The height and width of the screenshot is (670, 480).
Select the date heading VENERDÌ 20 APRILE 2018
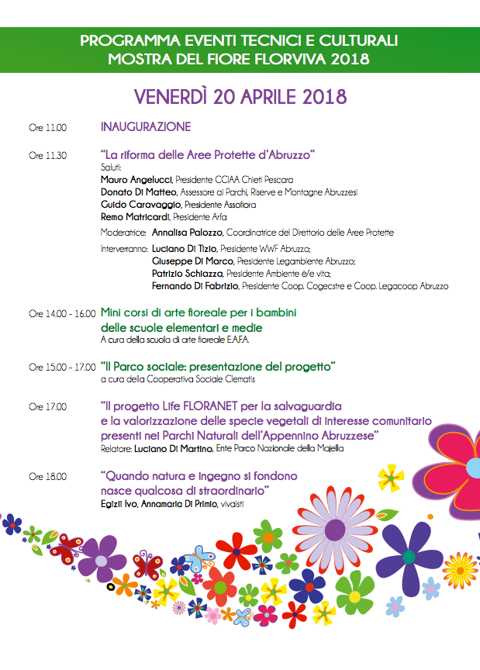point(240,97)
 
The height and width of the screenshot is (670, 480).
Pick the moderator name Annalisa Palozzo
point(187,232)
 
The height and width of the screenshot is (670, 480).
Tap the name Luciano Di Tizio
point(185,249)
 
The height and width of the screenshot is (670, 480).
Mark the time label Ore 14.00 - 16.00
point(62,314)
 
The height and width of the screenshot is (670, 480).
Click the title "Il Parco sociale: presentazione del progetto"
point(218,365)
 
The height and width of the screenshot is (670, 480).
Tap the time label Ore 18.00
point(47,476)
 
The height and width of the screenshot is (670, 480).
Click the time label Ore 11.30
point(47,155)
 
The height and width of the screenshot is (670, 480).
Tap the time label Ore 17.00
point(47,406)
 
